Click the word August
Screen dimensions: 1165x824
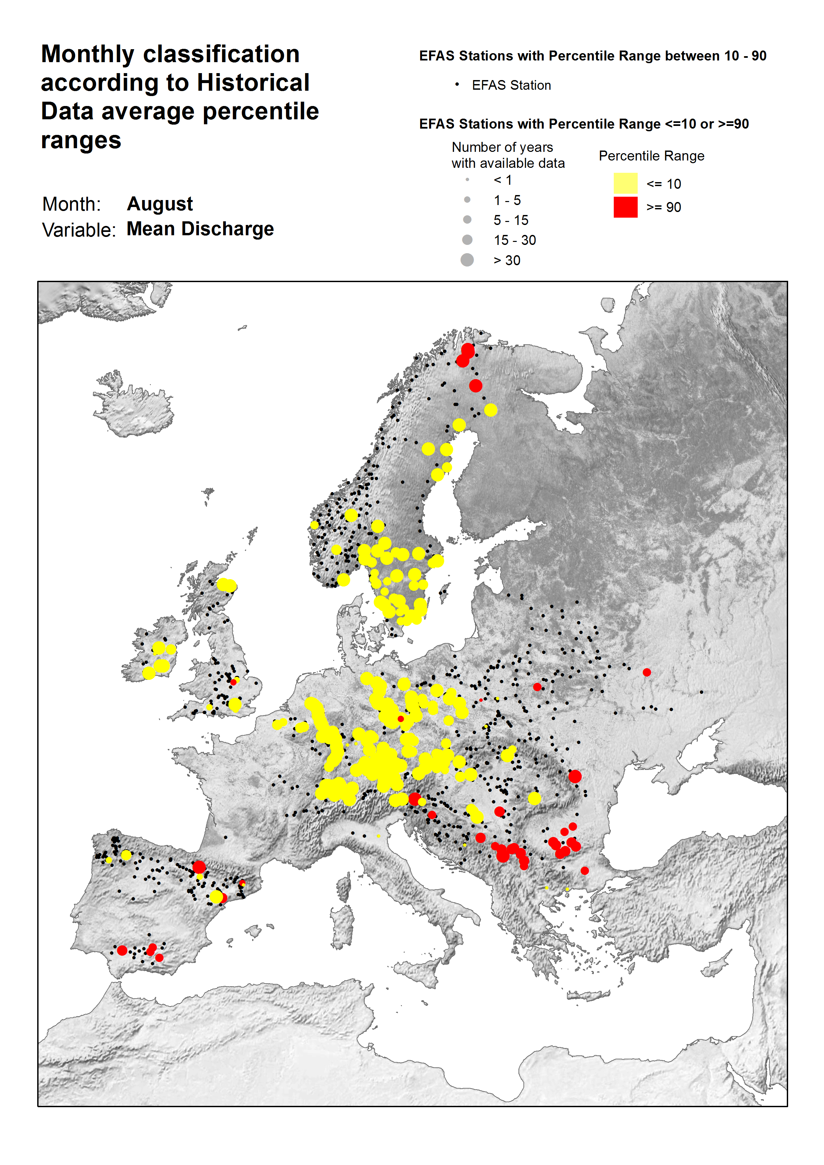[x=159, y=204]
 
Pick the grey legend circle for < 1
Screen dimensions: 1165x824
[x=467, y=180]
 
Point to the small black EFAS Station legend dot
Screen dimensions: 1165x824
[x=457, y=85]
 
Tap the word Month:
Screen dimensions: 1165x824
[x=71, y=204]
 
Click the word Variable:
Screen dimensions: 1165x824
[x=79, y=230]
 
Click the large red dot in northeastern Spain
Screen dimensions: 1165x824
[x=199, y=867]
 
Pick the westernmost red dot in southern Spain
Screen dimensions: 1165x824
[x=122, y=950]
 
